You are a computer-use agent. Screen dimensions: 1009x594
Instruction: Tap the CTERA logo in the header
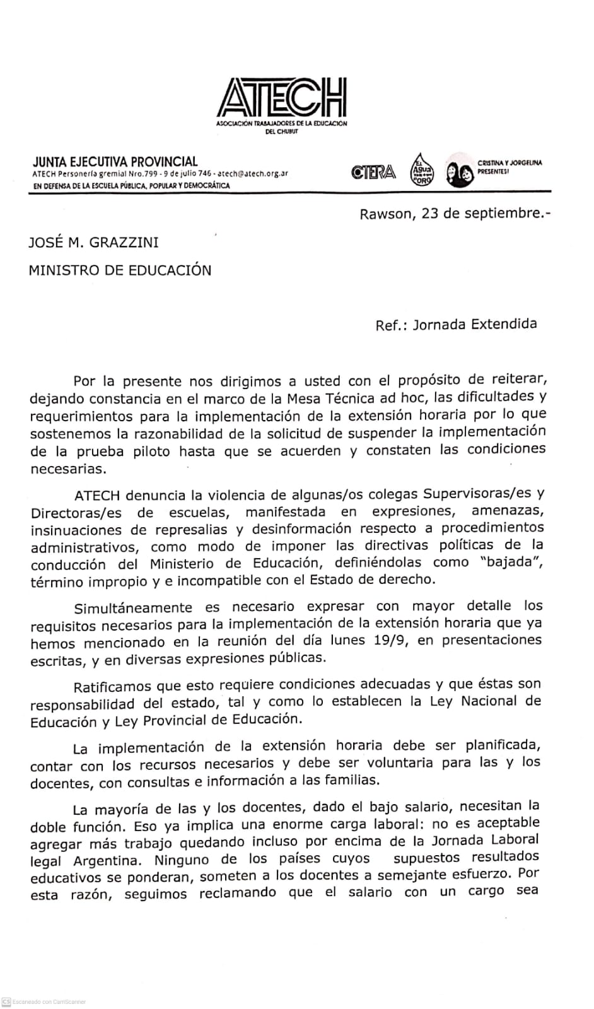[x=374, y=172]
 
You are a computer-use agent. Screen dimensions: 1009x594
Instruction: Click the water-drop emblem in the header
[x=421, y=170]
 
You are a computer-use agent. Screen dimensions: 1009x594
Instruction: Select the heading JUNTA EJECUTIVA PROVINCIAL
[x=115, y=162]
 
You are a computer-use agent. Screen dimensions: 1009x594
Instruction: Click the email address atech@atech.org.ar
[x=253, y=173]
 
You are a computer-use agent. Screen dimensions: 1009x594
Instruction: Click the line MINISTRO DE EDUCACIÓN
[x=120, y=271]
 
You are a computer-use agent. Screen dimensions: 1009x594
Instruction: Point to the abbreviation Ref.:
[x=391, y=325]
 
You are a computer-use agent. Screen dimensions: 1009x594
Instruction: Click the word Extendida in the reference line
[x=508, y=324]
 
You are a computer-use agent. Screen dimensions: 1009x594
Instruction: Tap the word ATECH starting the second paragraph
[x=96, y=494]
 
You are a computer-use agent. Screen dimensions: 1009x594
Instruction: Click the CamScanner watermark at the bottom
[x=44, y=1002]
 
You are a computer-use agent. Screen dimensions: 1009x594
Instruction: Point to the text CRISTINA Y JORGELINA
[x=510, y=163]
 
